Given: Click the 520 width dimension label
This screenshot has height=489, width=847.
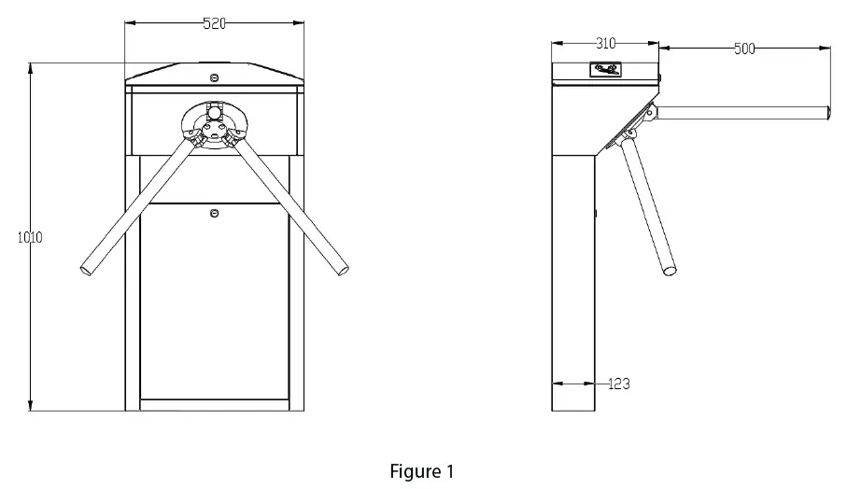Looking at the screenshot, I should [x=214, y=24].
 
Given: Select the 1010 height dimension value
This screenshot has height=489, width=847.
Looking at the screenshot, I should [x=30, y=237].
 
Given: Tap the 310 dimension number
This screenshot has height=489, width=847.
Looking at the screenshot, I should [x=605, y=44].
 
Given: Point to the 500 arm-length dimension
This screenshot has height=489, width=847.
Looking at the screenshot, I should [x=744, y=49].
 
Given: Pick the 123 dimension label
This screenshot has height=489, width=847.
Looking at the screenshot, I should [x=618, y=384].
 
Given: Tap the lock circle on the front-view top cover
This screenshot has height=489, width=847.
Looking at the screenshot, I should [x=215, y=77].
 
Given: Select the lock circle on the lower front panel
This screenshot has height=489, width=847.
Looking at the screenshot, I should [x=215, y=214].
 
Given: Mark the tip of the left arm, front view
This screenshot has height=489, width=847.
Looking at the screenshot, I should [x=87, y=270].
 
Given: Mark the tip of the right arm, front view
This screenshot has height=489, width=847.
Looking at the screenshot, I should [x=344, y=270].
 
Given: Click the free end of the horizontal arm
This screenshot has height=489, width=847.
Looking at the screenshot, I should [x=827, y=112].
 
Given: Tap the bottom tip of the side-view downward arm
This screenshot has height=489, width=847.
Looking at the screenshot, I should [x=671, y=272].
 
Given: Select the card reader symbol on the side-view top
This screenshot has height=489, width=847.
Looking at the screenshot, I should [x=605, y=69].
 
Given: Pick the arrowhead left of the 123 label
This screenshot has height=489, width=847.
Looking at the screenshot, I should [x=556, y=383].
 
